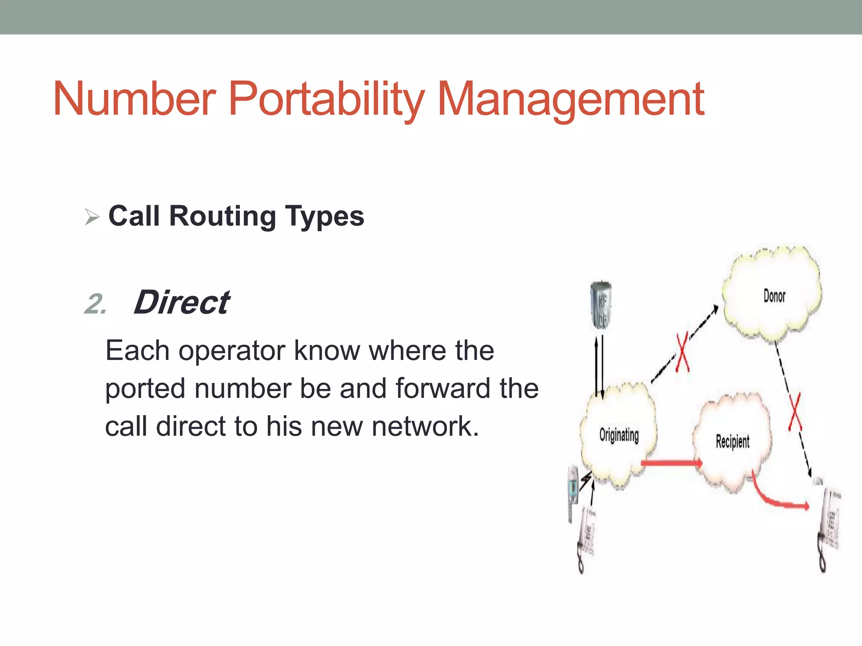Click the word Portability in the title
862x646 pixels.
[x=326, y=99]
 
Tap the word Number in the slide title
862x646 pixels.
[x=135, y=99]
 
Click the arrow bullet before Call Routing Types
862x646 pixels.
[x=92, y=217]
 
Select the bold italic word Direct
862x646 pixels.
[x=182, y=302]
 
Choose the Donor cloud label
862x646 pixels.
[x=774, y=296]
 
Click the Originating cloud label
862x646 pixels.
[x=619, y=435]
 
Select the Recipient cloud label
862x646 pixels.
[x=732, y=442]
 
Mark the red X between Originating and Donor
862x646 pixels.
[x=682, y=352]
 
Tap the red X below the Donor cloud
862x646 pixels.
[x=795, y=412]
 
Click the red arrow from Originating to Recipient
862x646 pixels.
[x=671, y=463]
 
